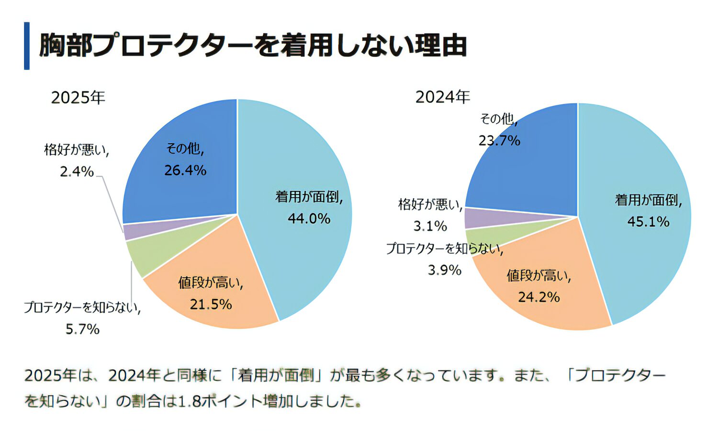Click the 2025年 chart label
point(78,98)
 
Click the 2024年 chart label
point(442,97)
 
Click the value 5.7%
point(82,329)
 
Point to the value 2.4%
point(77,171)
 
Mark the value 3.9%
point(444,271)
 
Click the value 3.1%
point(430,226)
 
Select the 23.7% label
point(499,141)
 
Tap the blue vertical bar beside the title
point(27,46)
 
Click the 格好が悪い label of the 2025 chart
point(77,150)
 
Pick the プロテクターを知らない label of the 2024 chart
point(444,249)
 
